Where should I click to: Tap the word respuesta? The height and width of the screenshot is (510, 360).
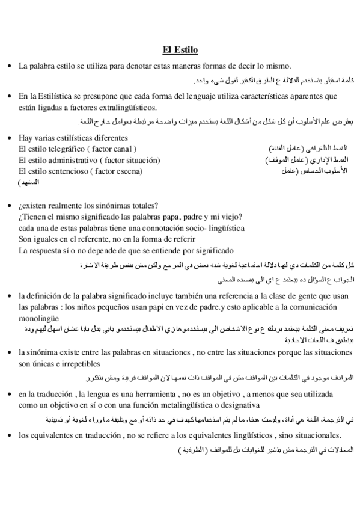[47, 251]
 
